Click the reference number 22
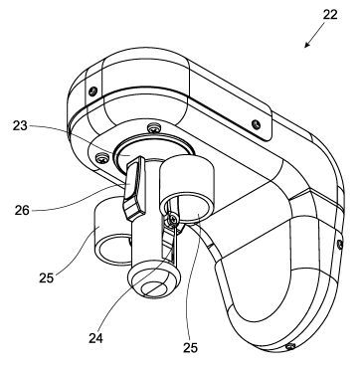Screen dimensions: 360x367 [x=329, y=15]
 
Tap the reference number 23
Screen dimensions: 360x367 [x=20, y=126]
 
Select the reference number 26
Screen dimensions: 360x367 [x=22, y=210]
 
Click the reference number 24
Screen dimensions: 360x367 [x=95, y=338]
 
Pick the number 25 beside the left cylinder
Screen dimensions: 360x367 [x=46, y=278]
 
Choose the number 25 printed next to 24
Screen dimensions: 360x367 [x=190, y=348]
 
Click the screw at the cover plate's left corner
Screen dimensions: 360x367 [x=93, y=90]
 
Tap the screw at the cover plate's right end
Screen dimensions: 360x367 [x=256, y=124]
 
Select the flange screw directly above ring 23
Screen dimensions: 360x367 [x=153, y=126]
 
